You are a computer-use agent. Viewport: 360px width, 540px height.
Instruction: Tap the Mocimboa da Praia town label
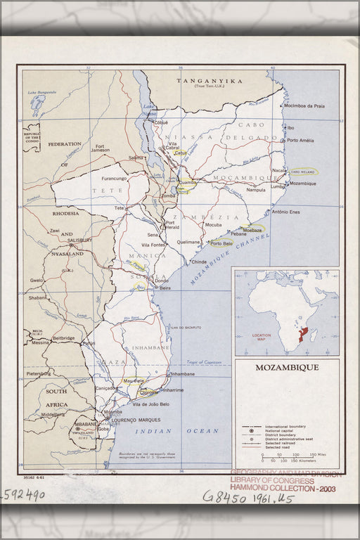304,106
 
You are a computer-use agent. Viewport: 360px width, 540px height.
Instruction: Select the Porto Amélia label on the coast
300,140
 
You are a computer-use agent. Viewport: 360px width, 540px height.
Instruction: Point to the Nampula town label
256,190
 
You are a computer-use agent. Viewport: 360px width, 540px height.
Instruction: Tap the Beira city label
165,288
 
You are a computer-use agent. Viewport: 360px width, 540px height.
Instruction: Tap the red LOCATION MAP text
261,337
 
